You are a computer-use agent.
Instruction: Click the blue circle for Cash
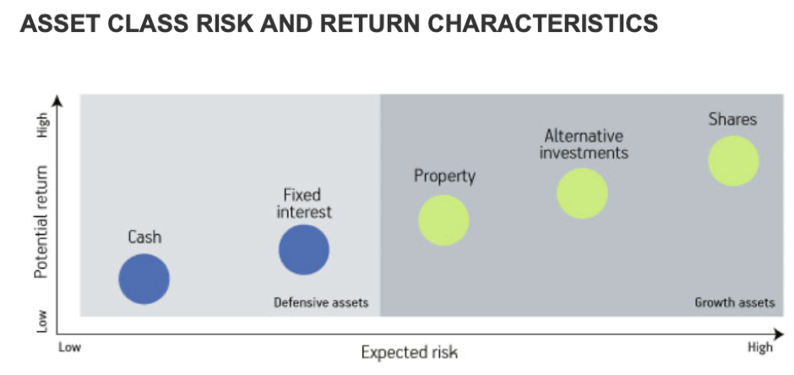click(x=144, y=279)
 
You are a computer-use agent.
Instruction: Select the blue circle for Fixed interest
click(x=304, y=249)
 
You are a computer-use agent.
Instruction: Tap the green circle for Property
click(x=443, y=220)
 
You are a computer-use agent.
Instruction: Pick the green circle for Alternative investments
click(x=582, y=193)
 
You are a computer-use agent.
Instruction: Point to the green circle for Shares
click(x=733, y=161)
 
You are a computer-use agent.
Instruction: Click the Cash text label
click(x=144, y=236)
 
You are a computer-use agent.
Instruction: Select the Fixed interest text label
click(x=304, y=203)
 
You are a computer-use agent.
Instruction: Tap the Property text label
click(x=445, y=177)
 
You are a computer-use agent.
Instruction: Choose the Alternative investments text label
click(x=584, y=144)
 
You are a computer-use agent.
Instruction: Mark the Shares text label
click(x=732, y=119)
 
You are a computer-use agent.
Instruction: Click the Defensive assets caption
click(x=321, y=302)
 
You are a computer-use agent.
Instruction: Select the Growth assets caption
click(x=735, y=302)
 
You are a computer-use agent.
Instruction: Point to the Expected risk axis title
click(x=410, y=352)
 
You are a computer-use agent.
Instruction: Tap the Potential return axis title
click(x=41, y=221)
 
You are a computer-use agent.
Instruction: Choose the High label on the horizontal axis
click(x=760, y=348)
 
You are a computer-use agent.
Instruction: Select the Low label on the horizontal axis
click(x=70, y=348)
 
